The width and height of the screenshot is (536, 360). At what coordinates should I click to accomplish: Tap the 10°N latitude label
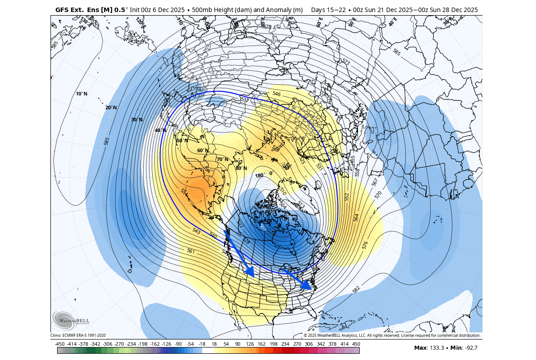point(82,94)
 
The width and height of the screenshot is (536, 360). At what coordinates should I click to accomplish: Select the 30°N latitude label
point(137,120)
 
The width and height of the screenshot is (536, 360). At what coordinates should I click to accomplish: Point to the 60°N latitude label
point(203,150)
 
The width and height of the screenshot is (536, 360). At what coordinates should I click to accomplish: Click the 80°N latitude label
point(241,168)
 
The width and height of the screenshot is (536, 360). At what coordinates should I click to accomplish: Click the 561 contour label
point(191,251)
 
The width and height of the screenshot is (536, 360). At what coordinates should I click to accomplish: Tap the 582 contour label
point(356,290)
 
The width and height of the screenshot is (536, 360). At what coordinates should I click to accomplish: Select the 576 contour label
point(365,245)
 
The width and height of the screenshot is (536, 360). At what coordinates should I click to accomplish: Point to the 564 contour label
point(356,217)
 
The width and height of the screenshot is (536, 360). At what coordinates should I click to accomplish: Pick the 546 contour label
point(277,94)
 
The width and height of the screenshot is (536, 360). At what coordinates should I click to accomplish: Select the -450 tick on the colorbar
point(59,344)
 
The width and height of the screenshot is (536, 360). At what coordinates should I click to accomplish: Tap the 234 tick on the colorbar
point(285,344)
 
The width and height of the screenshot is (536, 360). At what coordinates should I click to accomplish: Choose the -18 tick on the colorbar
point(202,344)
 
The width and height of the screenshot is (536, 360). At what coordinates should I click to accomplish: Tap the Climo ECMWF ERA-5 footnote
point(78,335)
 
